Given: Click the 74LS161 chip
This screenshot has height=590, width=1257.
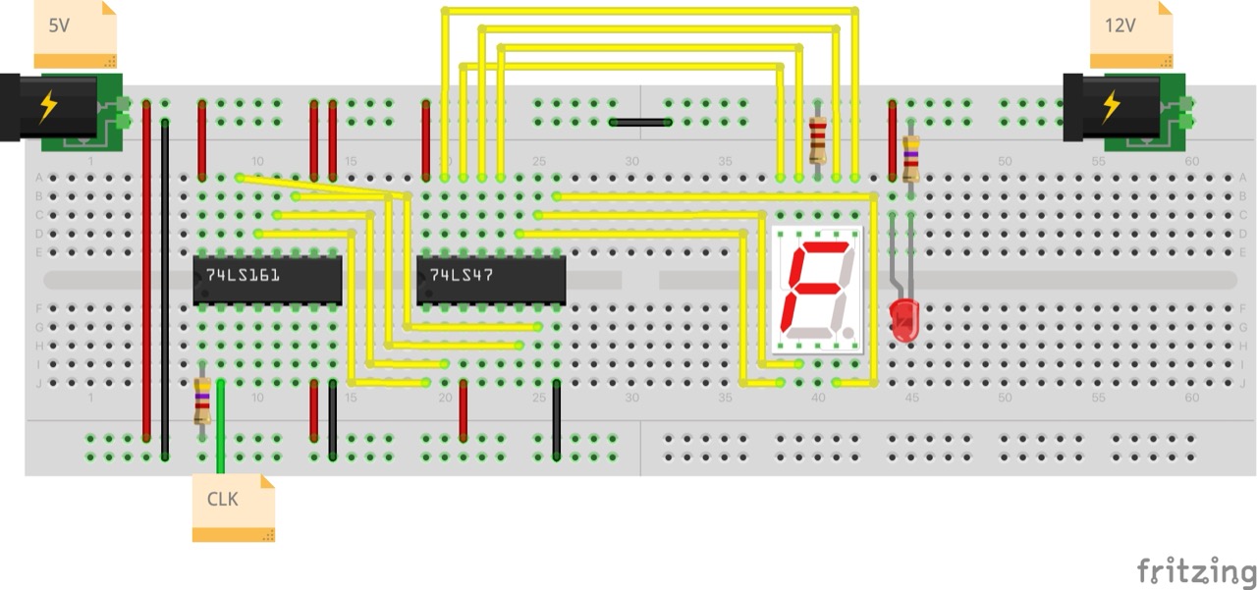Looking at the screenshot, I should point(267,279).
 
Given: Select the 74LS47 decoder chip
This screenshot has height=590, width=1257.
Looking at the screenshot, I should point(491,279).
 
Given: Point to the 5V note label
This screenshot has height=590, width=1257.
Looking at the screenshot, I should point(75,32).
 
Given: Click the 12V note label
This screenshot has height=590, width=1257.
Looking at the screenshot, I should point(1130,32).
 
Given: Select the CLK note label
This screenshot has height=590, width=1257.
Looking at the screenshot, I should point(233,507).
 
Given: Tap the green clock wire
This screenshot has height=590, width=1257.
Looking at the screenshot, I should point(220,422).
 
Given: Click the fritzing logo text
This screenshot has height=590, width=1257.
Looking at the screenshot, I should point(1195,570).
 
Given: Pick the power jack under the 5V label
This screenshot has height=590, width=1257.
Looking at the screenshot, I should point(59,105).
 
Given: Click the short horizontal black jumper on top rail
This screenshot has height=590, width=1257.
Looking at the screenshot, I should point(639,123).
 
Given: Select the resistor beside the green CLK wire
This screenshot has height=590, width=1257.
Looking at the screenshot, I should point(202,401).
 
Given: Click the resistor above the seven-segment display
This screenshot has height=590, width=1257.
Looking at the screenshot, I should point(817,139).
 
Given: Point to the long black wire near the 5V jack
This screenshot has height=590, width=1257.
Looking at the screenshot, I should point(165,290).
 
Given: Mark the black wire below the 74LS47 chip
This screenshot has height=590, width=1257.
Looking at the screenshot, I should point(556,420).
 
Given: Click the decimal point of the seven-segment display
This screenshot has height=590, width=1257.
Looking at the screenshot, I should point(847,334).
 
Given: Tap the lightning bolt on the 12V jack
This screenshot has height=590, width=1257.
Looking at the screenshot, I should point(1111,105).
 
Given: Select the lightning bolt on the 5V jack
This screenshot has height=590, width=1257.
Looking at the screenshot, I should point(47,105).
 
